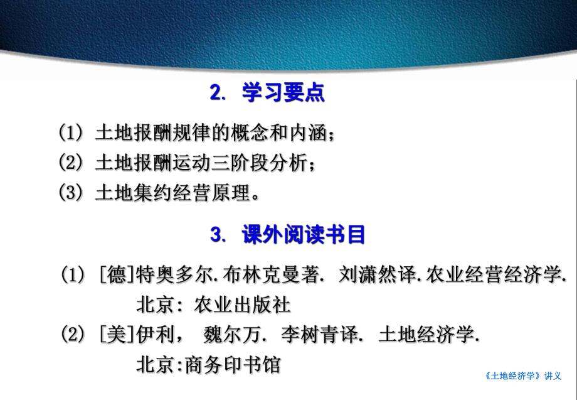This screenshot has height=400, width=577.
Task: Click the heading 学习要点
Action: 283,94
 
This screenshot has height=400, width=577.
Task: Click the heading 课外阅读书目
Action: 304,235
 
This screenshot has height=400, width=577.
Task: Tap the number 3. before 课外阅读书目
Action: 218,236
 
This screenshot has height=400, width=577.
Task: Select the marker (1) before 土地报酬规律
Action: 71,133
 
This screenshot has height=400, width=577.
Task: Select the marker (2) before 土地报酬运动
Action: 71,163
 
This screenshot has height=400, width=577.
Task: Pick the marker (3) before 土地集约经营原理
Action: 71,192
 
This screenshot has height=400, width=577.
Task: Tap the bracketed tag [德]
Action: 117,274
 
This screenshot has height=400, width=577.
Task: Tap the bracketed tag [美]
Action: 117,335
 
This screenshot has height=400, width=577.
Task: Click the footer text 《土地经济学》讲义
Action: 523,376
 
